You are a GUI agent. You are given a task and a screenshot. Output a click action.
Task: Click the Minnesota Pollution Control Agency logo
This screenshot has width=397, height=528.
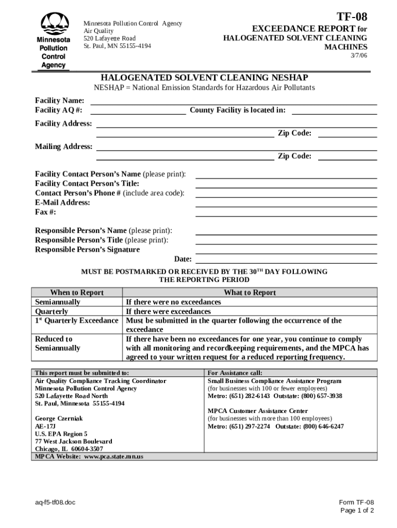click(x=53, y=41)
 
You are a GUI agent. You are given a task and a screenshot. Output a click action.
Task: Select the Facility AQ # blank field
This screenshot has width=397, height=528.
click(x=139, y=110)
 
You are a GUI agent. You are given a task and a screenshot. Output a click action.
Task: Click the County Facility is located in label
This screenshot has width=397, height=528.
click(x=237, y=110)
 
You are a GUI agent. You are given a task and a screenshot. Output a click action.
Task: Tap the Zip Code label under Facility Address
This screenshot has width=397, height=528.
click(x=294, y=133)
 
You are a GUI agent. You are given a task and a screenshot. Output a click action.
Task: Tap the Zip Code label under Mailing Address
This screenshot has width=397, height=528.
click(x=294, y=156)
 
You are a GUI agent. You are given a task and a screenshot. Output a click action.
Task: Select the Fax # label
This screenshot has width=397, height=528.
click(x=45, y=212)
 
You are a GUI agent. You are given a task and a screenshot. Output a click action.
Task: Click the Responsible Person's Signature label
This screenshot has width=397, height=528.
click(x=87, y=250)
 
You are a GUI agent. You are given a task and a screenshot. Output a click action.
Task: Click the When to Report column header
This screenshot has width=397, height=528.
click(x=76, y=292)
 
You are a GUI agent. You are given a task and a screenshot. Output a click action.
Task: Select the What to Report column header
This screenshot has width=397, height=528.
click(x=250, y=292)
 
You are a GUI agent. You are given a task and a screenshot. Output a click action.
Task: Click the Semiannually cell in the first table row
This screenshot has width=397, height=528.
click(x=58, y=302)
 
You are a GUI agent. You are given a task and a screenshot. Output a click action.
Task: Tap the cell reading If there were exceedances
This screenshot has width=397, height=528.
click(x=168, y=311)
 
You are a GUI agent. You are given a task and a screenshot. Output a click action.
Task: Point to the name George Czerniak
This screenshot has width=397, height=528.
click(x=59, y=419)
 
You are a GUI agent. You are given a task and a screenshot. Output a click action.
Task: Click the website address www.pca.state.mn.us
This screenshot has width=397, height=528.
click(x=113, y=457)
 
